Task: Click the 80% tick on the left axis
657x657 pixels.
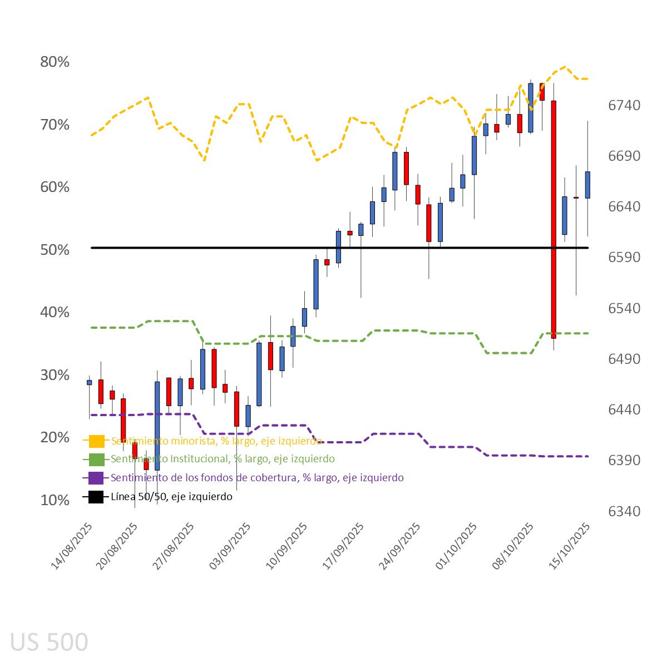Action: tap(55, 62)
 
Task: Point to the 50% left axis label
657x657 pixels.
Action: tap(55, 250)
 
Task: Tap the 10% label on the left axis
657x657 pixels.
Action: tap(55, 500)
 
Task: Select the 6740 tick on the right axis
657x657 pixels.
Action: tap(624, 105)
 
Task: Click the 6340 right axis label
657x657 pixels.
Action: tap(624, 511)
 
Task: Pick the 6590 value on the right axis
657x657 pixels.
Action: tap(624, 258)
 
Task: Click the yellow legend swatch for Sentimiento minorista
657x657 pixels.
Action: tap(96, 441)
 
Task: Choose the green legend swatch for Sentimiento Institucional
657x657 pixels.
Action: tap(96, 460)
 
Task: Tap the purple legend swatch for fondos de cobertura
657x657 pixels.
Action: tap(96, 478)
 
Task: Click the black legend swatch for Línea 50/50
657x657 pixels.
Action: tap(96, 497)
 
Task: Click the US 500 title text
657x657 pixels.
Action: tap(49, 642)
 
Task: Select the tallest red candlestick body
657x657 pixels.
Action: tap(554, 219)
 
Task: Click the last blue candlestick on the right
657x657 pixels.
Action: tap(587, 185)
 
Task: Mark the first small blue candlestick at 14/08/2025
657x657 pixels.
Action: tap(89, 382)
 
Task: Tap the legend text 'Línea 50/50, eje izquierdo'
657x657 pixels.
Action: tap(171, 497)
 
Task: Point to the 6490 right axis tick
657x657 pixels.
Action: tap(624, 359)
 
